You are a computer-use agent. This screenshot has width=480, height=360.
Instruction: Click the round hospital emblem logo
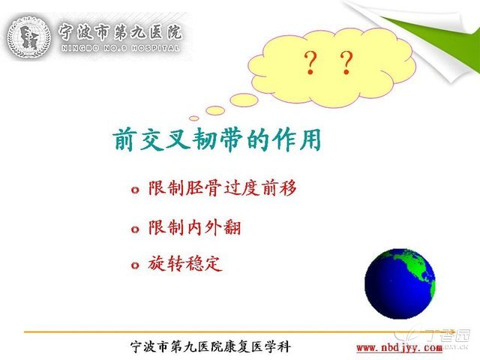(28, 36)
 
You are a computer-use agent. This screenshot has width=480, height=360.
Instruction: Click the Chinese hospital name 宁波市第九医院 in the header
(120, 31)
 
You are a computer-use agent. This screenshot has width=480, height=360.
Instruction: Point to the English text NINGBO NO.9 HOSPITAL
(120, 48)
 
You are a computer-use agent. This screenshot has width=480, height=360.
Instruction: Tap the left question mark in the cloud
(310, 63)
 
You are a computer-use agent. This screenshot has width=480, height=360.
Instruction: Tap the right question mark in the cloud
(346, 63)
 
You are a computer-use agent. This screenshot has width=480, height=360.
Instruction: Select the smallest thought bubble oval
(194, 118)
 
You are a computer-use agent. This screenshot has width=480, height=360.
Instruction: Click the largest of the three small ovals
(244, 100)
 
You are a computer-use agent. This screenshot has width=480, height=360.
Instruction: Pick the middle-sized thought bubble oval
(215, 110)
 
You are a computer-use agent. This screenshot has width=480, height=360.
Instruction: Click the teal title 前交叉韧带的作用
(217, 139)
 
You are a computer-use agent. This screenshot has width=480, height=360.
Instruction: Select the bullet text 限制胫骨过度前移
(223, 188)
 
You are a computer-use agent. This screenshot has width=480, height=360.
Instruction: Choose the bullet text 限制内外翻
(195, 227)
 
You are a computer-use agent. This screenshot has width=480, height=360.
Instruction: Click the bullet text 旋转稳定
(185, 263)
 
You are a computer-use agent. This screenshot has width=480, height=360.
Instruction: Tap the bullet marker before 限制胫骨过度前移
(135, 190)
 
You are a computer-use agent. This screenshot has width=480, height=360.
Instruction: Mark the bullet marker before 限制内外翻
(135, 229)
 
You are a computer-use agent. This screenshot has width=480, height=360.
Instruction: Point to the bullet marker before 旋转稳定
(135, 265)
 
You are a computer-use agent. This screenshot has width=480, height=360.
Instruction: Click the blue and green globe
(400, 283)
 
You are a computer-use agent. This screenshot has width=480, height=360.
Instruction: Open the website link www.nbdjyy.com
(399, 348)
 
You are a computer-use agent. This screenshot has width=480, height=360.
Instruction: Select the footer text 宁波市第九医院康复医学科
(210, 346)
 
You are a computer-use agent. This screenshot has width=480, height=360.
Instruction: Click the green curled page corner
(441, 43)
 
